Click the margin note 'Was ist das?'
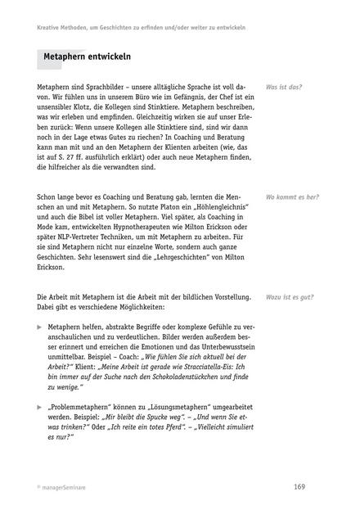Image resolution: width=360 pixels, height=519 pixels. pos(284,87)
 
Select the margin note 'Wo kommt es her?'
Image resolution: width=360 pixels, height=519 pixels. pos(292,197)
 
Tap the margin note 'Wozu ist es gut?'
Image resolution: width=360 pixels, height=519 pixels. pos(290,297)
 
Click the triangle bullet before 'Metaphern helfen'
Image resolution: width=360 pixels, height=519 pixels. pos(40,325)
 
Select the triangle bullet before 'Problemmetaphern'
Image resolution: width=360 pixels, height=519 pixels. pos(40,406)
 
